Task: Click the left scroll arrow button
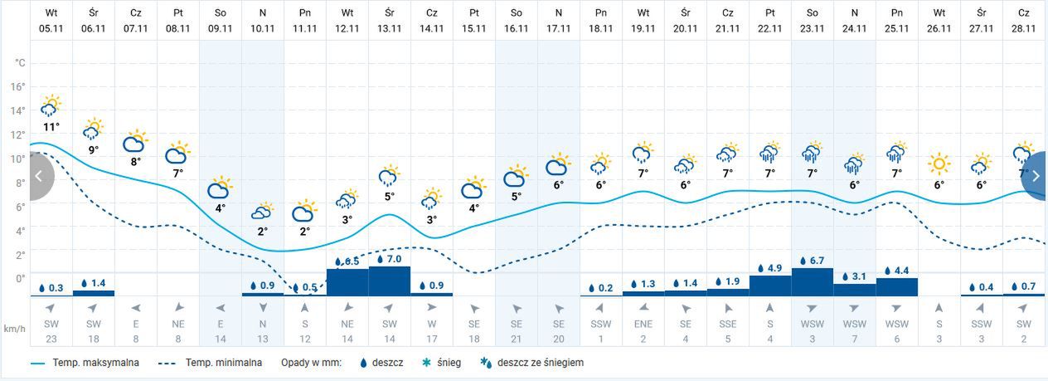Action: (38, 176)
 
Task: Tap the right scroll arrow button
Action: (1036, 176)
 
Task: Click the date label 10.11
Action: (262, 27)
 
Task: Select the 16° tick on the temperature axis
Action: (18, 86)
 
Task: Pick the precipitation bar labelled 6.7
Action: (813, 281)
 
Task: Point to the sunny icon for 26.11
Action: (939, 164)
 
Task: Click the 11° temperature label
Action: (51, 127)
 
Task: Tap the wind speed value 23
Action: (51, 338)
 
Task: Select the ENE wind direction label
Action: (643, 324)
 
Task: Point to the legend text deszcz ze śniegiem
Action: (541, 363)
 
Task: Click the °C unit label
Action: (20, 63)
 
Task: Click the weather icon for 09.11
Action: (220, 188)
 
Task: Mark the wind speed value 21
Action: (516, 338)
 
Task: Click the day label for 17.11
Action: (559, 13)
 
